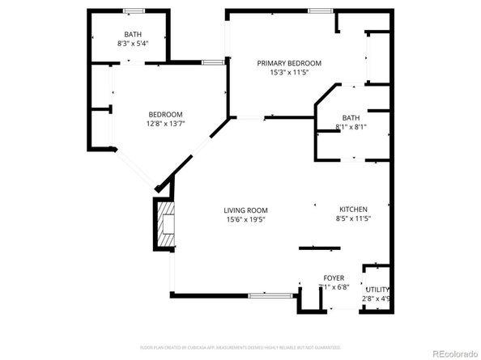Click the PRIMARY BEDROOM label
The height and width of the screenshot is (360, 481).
[x=289, y=63]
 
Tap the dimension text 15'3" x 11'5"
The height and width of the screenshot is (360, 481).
[x=289, y=72]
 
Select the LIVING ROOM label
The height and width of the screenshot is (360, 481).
[x=245, y=210]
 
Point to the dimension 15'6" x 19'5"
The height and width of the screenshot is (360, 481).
[x=245, y=219]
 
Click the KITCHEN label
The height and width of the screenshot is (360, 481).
[x=353, y=209]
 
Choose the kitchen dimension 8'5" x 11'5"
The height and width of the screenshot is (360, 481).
[x=353, y=218]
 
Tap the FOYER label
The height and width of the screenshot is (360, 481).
[x=334, y=277]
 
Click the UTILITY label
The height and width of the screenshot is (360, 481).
[x=377, y=290]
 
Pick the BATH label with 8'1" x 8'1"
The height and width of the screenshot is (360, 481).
[x=351, y=117]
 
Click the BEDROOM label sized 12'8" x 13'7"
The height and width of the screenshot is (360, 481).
[x=164, y=114]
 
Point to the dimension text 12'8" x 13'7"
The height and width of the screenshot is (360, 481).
[x=164, y=124]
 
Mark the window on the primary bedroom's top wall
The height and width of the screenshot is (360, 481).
[x=320, y=11]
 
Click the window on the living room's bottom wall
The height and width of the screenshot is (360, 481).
[x=270, y=295]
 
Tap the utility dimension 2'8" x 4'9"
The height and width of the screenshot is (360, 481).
[x=377, y=299]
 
